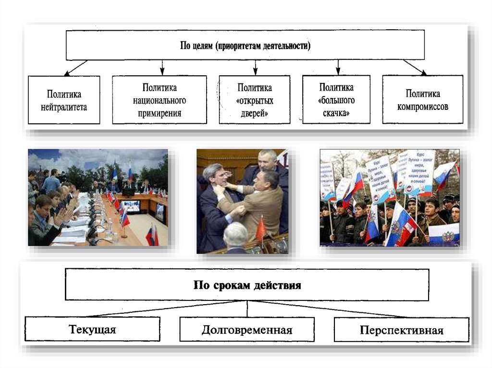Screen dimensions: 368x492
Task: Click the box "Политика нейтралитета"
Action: click(64, 100)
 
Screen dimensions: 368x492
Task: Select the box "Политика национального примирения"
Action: click(160, 100)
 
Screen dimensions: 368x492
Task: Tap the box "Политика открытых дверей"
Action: click(254, 100)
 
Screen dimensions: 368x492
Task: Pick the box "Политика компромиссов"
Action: click(423, 99)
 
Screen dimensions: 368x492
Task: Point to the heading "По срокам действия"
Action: click(247, 285)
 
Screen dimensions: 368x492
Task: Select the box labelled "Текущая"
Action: click(92, 329)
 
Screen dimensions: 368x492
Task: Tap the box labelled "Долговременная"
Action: click(247, 329)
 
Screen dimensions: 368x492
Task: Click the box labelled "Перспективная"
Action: click(401, 329)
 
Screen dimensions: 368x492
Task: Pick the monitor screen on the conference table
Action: click(131, 206)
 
